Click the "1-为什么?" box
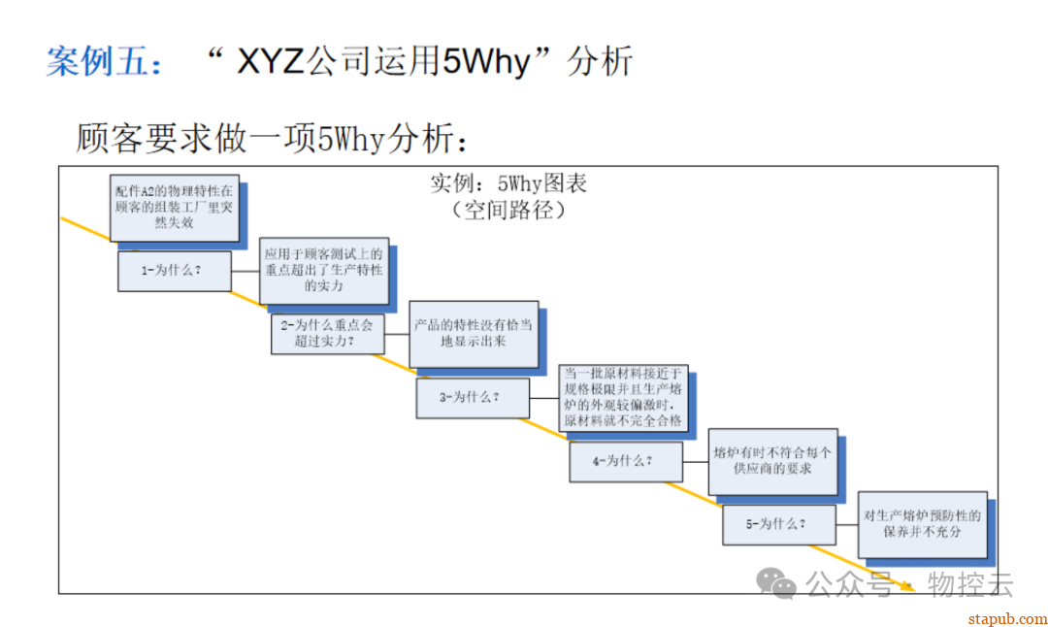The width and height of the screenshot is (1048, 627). [175, 271]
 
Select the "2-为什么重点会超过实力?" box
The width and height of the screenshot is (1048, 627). [327, 334]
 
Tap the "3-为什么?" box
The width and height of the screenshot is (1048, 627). [473, 397]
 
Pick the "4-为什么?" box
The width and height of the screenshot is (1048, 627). [625, 461]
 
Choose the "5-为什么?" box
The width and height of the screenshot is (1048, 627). [778, 524]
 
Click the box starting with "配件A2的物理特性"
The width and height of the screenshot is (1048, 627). [175, 207]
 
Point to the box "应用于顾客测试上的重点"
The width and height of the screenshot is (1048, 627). [324, 270]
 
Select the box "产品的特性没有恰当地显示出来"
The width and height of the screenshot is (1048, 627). [473, 333]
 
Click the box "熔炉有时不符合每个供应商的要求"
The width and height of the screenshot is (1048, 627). [772, 460]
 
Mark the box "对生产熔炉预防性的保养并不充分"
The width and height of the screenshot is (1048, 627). [922, 524]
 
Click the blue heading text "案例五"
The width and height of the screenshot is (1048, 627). [95, 62]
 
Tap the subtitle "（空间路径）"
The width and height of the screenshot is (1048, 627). [508, 209]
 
